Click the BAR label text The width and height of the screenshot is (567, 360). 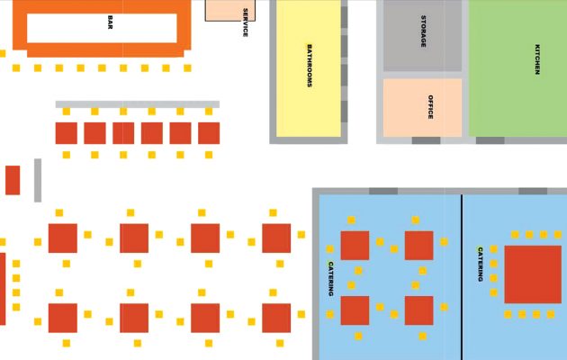[x=110, y=22]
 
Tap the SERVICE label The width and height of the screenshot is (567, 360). [x=245, y=22]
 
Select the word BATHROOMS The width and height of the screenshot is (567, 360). [x=310, y=66]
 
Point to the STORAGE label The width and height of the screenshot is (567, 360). [x=423, y=31]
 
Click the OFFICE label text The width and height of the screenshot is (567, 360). [x=430, y=107]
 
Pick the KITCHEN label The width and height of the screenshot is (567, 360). [x=537, y=59]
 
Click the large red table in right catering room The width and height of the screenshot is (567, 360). [x=533, y=274]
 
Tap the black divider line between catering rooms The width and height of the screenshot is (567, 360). [x=462, y=277]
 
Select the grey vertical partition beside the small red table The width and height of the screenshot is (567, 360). [x=38, y=180]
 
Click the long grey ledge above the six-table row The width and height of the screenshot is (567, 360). [x=138, y=104]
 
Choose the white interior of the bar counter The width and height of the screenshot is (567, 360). [x=102, y=28]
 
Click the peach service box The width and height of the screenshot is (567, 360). [x=230, y=11]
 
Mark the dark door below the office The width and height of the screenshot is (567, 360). [x=426, y=140]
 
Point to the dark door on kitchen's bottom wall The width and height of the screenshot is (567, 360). [x=490, y=140]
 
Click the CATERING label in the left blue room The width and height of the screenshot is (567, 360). [x=331, y=279]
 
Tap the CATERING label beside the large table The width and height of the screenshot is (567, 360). [x=481, y=265]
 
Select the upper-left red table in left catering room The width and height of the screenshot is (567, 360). [x=355, y=246]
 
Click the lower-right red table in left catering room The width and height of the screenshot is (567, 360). [x=418, y=310]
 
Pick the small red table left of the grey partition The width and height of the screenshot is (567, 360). [x=13, y=180]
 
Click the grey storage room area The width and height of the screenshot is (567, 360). [x=422, y=36]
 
